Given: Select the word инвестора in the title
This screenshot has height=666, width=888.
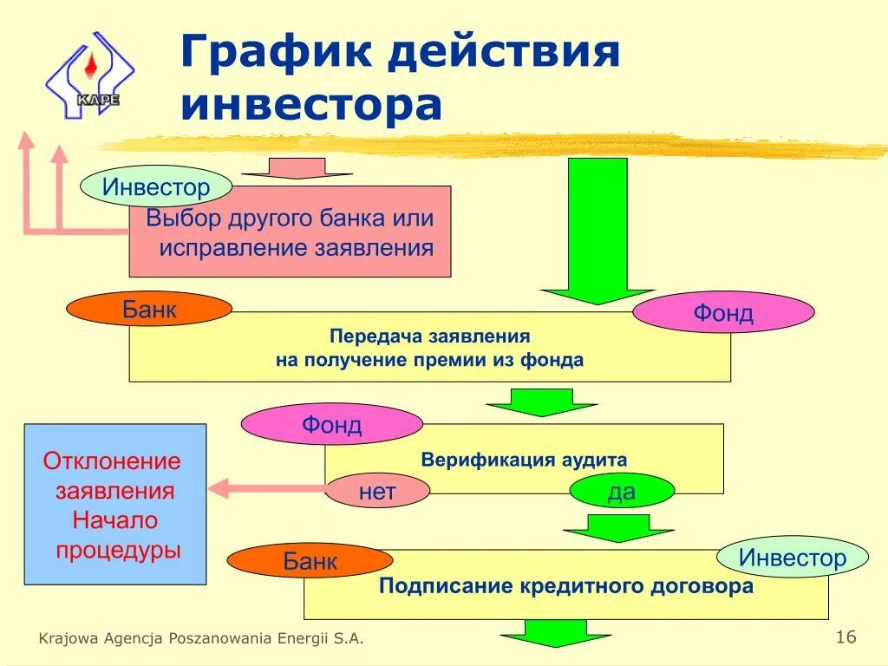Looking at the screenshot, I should click(x=312, y=103).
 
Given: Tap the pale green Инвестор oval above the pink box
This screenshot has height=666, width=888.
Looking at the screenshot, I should click(x=156, y=186).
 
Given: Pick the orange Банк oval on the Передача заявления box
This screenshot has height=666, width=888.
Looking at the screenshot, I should click(x=149, y=310).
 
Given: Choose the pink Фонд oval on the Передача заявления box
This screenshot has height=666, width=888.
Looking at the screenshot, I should click(x=723, y=312).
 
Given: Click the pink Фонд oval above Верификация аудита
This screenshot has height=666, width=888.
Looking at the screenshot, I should click(x=331, y=425).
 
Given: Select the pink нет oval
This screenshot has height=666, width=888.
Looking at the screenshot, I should click(x=377, y=493).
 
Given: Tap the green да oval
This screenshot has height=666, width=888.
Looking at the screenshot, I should click(x=622, y=492).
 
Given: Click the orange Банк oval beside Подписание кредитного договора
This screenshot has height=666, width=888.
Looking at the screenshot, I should click(x=310, y=561).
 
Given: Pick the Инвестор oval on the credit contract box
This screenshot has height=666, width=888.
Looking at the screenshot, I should click(x=793, y=558).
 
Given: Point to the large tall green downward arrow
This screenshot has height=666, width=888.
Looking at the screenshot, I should click(x=597, y=230).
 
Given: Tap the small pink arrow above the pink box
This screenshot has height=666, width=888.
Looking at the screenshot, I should click(x=296, y=167).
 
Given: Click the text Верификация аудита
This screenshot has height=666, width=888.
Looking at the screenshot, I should click(x=524, y=460).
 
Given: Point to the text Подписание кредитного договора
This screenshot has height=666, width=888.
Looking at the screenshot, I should click(x=565, y=586).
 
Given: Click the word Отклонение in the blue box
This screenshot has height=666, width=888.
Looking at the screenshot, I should click(x=112, y=460).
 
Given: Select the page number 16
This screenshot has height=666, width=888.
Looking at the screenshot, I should click(x=846, y=637).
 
